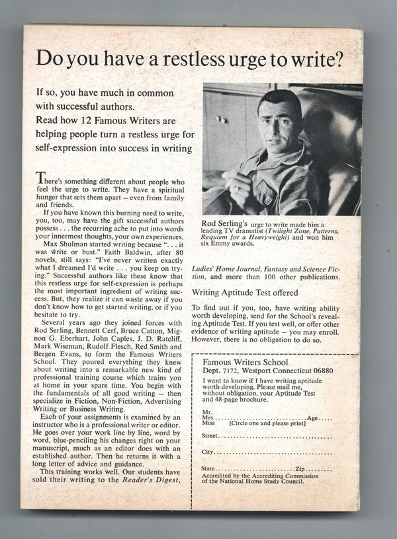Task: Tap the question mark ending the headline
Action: pyautogui.click(x=339, y=59)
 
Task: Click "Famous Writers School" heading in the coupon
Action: pyautogui.click(x=246, y=362)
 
